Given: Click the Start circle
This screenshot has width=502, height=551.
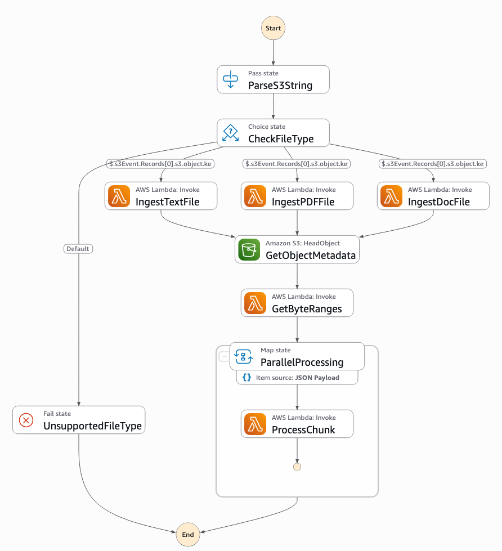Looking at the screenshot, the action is pyautogui.click(x=273, y=28).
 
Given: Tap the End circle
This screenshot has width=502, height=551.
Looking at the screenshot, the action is pyautogui.click(x=188, y=535).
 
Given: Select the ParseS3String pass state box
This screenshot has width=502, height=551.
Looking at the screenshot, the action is pyautogui.click(x=273, y=79).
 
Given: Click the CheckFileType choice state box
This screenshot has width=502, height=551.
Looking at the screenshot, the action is pyautogui.click(x=273, y=133).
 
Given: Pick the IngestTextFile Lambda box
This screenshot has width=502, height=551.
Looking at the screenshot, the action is pyautogui.click(x=161, y=196).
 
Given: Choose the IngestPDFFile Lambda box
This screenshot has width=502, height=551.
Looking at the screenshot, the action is pyautogui.click(x=297, y=196).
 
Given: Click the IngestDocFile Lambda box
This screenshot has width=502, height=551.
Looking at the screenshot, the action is pyautogui.click(x=433, y=196).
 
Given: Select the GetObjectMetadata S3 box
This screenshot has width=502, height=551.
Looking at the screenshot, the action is pyautogui.click(x=297, y=249).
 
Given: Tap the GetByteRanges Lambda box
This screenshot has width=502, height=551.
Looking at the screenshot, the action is pyautogui.click(x=297, y=303).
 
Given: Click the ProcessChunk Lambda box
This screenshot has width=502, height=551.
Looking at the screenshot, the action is pyautogui.click(x=297, y=424).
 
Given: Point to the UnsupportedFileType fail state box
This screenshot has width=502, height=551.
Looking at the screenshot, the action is pyautogui.click(x=79, y=420).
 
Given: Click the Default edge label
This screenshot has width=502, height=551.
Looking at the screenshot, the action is pyautogui.click(x=78, y=249).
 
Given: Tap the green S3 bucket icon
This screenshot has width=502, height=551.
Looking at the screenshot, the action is pyautogui.click(x=249, y=249).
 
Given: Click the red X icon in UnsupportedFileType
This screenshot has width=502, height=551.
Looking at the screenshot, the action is pyautogui.click(x=26, y=420).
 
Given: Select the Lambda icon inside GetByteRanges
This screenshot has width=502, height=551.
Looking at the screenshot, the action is pyautogui.click(x=255, y=303).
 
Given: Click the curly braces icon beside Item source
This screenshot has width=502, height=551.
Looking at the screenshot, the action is pyautogui.click(x=247, y=378).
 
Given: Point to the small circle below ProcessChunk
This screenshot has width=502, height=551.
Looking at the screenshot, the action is pyautogui.click(x=297, y=467).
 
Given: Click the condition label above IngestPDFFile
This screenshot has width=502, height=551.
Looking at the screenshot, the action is pyautogui.click(x=297, y=164).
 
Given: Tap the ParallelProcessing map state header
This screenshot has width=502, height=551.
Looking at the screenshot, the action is pyautogui.click(x=297, y=356).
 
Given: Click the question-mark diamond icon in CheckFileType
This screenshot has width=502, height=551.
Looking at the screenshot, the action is pyautogui.click(x=230, y=133).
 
